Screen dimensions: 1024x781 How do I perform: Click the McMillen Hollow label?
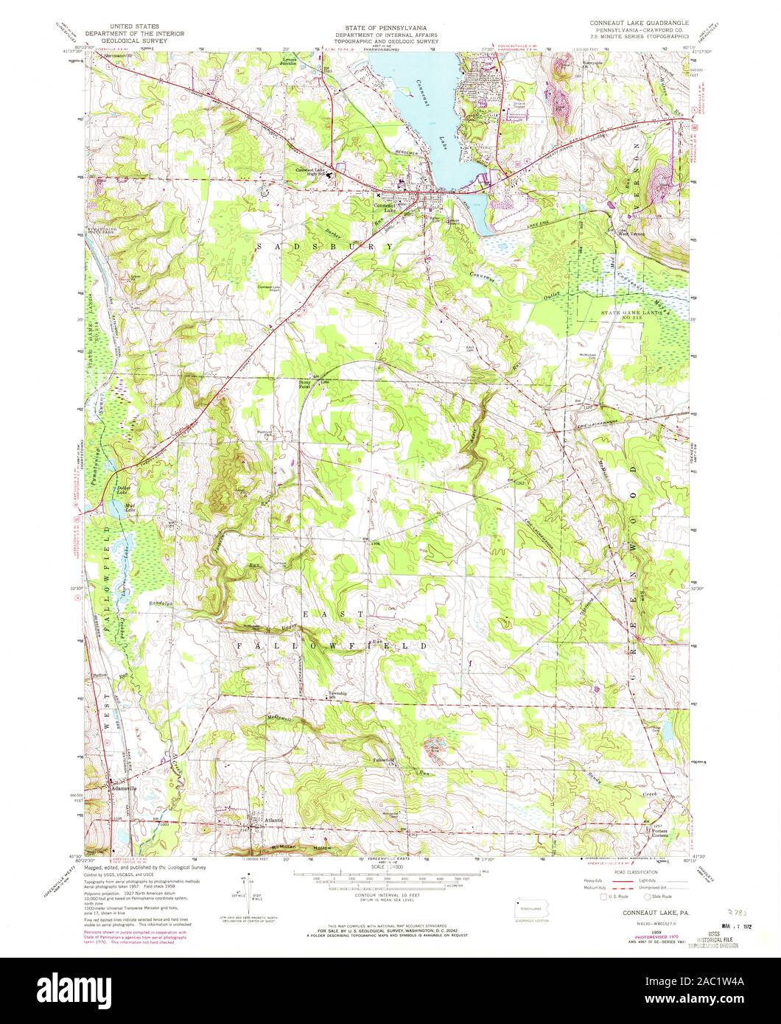[303, 847]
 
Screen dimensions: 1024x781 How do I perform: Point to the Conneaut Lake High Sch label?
[309, 172]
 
